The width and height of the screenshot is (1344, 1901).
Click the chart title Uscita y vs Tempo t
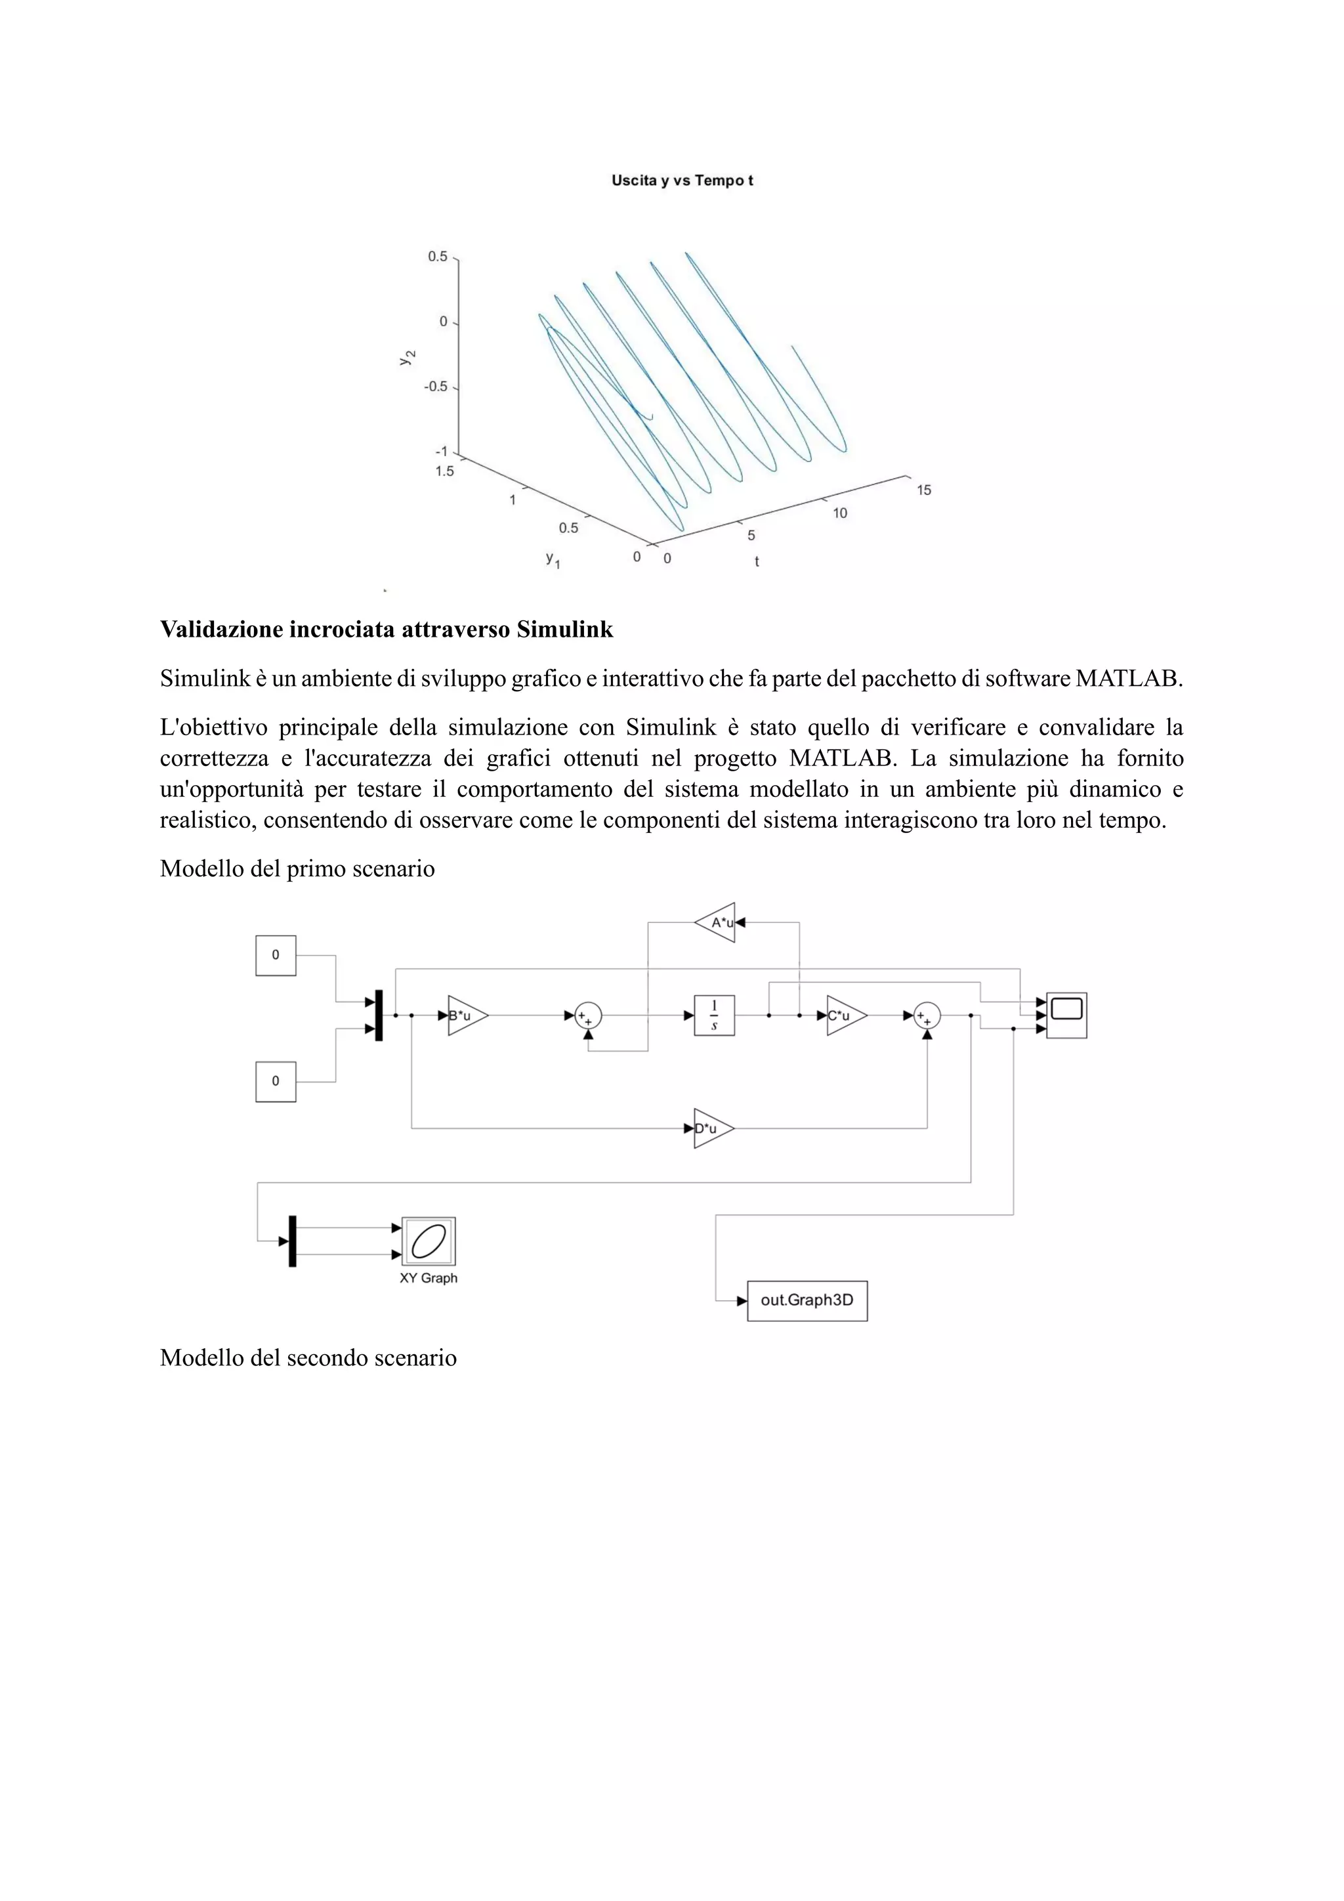click(682, 181)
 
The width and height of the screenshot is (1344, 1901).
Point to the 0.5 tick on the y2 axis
click(437, 257)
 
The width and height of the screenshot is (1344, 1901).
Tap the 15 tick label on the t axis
click(923, 490)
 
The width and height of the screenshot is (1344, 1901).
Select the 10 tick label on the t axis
click(840, 513)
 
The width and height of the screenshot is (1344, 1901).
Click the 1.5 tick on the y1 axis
click(444, 471)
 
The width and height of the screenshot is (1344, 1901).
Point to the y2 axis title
click(406, 357)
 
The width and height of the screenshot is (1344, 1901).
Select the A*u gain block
click(717, 922)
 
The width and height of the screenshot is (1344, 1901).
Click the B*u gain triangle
click(465, 1015)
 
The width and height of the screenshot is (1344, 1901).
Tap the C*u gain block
click(844, 1015)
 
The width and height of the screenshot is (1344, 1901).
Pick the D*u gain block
click(711, 1128)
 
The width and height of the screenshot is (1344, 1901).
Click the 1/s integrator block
click(714, 1015)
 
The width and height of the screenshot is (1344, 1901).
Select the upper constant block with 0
click(276, 956)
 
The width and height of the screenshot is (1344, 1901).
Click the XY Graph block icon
click(429, 1241)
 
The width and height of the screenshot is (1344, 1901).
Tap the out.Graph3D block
click(807, 1301)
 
